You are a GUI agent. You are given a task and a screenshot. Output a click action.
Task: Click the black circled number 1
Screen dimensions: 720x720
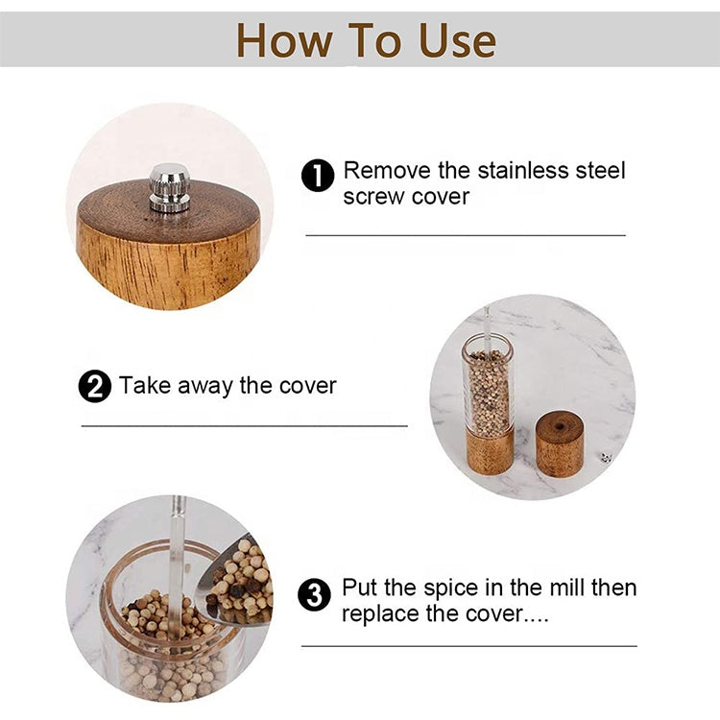318,176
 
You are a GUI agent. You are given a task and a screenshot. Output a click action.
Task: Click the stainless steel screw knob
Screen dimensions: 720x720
169,187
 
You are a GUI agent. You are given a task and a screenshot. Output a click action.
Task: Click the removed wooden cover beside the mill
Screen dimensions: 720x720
559,444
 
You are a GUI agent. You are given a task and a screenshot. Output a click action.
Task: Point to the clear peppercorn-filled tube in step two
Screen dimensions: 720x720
489,389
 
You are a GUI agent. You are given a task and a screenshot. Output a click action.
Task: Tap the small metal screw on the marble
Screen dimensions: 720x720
603,458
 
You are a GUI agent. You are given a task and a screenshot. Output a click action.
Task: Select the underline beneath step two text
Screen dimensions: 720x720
245,425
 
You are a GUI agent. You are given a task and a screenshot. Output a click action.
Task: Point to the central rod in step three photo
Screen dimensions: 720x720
177,538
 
